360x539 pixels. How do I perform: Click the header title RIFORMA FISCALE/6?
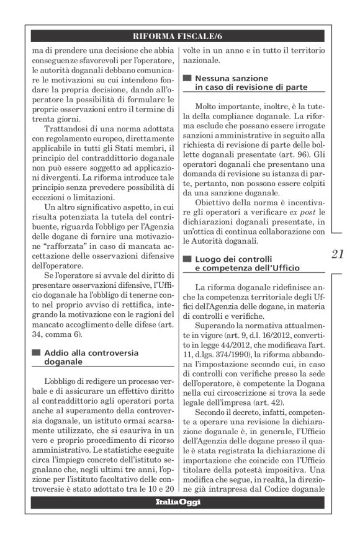click(179, 36)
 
